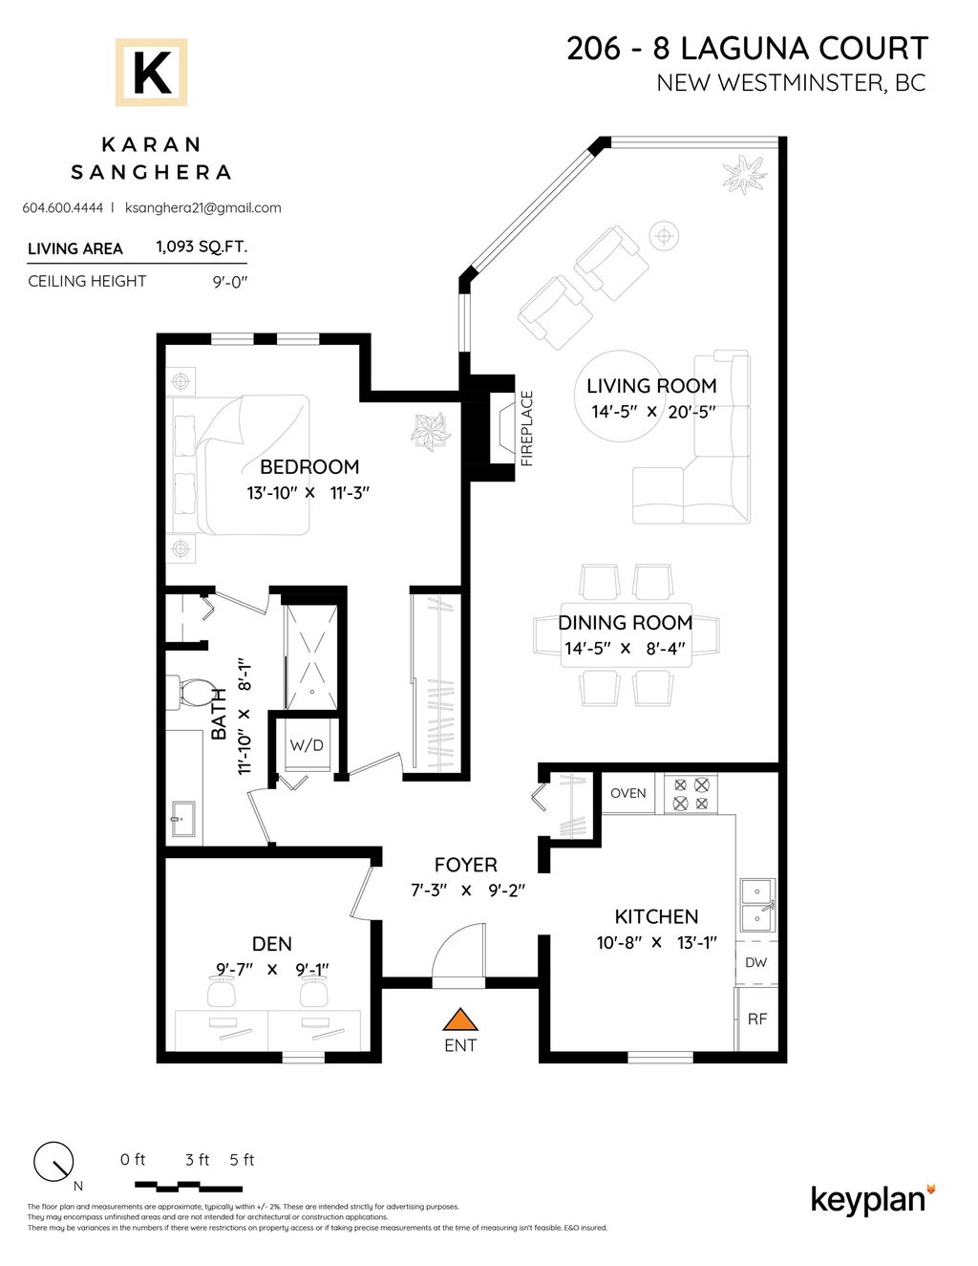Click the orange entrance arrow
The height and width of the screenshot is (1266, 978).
click(x=460, y=1019)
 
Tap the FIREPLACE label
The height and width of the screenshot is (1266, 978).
click(x=526, y=428)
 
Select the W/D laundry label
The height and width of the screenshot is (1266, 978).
click(x=307, y=745)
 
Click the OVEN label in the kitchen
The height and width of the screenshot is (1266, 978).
click(x=627, y=793)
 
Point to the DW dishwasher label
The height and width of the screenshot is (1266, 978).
click(x=755, y=962)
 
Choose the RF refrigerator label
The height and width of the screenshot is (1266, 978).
click(x=756, y=1019)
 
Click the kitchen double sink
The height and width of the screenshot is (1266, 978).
click(x=757, y=905)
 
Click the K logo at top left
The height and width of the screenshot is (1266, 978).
click(x=151, y=73)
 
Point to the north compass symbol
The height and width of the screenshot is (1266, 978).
click(x=53, y=1162)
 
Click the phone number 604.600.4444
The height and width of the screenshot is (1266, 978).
click(x=62, y=207)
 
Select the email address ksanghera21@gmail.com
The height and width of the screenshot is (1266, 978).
click(x=202, y=207)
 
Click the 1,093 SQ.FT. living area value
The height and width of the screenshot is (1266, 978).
click(x=202, y=247)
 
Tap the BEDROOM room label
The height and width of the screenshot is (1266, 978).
click(x=309, y=467)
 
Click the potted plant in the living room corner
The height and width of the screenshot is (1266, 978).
click(x=744, y=174)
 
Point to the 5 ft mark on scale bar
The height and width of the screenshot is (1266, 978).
click(x=242, y=1160)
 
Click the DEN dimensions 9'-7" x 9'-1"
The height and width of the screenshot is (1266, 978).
click(x=272, y=969)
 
